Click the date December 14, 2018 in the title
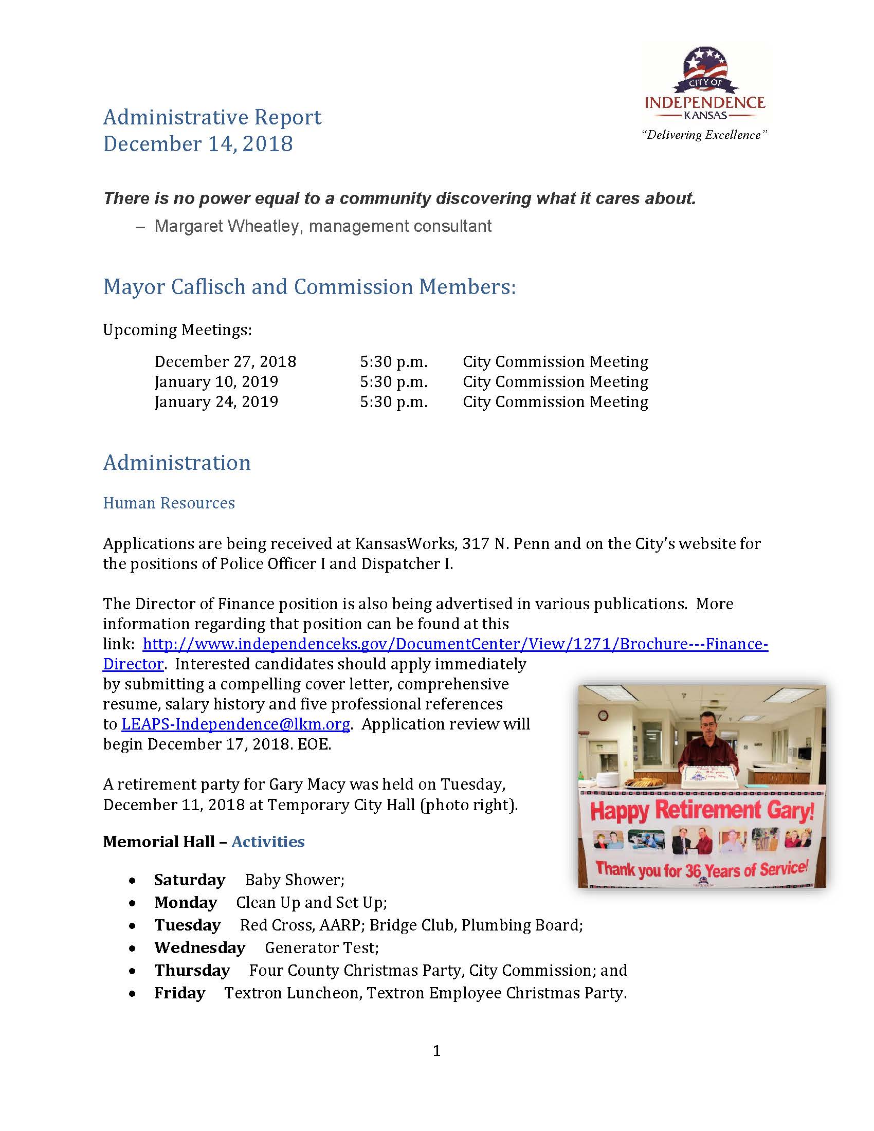coord(198,144)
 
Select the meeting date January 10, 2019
coord(216,381)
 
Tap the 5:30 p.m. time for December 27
coord(393,361)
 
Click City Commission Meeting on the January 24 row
coord(555,402)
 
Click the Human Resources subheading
coord(169,503)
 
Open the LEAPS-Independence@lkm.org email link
coord(235,724)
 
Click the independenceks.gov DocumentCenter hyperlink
coord(454,644)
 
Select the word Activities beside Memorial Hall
coord(268,842)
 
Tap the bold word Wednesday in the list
coord(199,947)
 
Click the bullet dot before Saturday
coord(133,880)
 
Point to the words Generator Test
coord(321,947)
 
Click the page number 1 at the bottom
coord(436,1051)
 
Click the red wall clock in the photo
coord(603,716)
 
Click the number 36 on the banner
coord(694,870)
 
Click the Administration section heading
coord(176,463)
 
